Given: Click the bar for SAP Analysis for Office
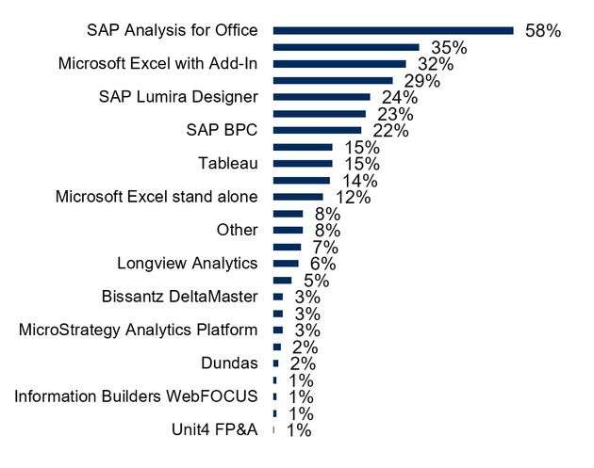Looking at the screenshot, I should [392, 30].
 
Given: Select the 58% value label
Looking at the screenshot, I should [543, 31].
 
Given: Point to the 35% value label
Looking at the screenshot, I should [450, 47].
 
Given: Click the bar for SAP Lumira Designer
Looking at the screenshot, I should [321, 97].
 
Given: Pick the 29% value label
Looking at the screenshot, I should [422, 81].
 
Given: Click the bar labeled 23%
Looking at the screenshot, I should [319, 114].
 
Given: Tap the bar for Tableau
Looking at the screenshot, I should [302, 164].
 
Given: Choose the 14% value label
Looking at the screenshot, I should [359, 181].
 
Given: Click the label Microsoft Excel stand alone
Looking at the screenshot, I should [157, 197].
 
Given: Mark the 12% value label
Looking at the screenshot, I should [352, 198].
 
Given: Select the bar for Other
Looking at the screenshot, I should [288, 230].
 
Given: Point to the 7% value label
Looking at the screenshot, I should [327, 248].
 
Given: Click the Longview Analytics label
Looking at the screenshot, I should [187, 264].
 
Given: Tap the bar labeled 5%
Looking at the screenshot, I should [282, 281].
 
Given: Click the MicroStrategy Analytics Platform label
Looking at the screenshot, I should [139, 331].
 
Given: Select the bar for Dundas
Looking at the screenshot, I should [276, 363].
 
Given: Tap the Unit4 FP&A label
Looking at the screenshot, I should [214, 430].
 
